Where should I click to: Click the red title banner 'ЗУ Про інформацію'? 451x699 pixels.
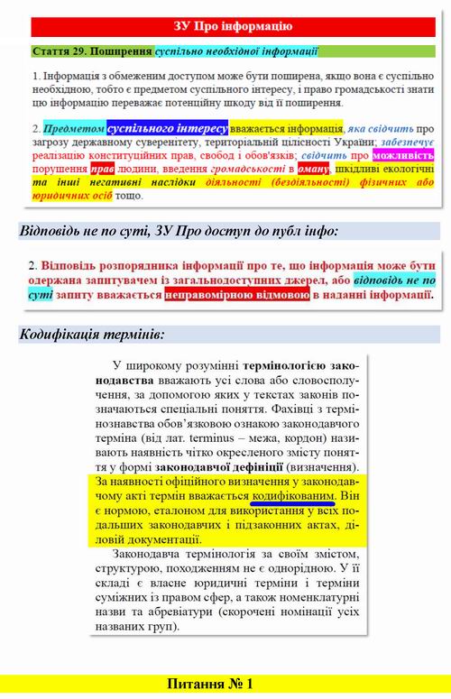click(x=225, y=25)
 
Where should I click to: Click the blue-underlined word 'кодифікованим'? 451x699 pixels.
click(x=292, y=497)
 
